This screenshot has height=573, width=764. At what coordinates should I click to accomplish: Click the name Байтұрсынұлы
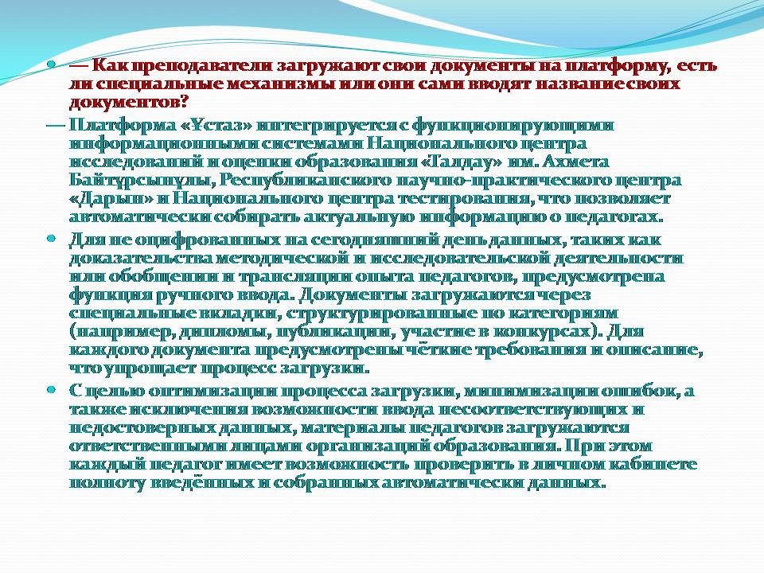[142, 181]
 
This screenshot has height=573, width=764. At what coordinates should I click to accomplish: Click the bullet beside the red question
[51, 64]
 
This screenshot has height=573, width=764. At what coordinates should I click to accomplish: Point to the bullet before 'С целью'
[51, 390]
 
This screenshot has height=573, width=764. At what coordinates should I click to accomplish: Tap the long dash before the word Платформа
[56, 127]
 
